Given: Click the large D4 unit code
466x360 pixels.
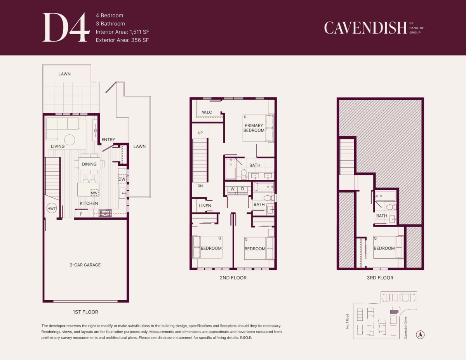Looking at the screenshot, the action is point(66,27).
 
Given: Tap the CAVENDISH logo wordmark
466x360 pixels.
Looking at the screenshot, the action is point(365,28).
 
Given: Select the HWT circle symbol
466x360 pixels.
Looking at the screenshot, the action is point(52,208).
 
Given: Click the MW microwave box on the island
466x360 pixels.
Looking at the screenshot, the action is point(94,193).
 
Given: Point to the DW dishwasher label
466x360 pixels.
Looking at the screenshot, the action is point(122,179).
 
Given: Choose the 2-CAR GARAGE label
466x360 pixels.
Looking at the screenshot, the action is point(85,265).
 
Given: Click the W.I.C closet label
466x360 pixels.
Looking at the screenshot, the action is point(207,112).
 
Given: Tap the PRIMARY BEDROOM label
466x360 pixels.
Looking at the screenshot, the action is point(254,128).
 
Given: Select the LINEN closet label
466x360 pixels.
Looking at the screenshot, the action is point(205,206).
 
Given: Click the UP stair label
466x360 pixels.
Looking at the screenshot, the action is point(200,133).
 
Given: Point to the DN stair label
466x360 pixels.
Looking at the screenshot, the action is point(200,186).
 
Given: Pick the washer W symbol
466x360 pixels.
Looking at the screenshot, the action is point(233,189).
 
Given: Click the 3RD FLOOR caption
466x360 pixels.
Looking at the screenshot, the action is point(380,278).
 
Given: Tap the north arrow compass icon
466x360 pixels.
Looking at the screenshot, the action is point(420,335).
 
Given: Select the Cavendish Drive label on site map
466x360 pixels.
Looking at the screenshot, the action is point(405,328).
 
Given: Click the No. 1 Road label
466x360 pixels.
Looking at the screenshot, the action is point(348,322).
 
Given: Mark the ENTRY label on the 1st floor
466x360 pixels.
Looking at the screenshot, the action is point(108,139).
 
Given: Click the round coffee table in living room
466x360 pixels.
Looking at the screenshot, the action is point(70,140).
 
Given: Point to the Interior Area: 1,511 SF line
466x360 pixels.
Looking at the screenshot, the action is point(122,32).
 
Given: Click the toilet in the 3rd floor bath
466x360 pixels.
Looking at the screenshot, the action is point(391,207).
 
